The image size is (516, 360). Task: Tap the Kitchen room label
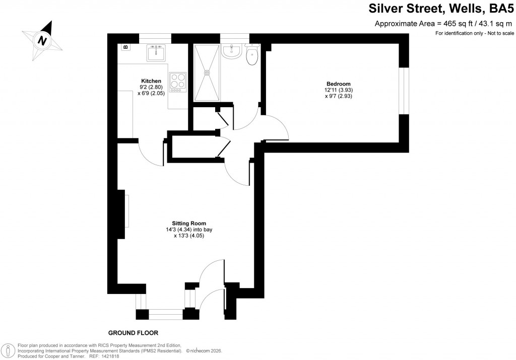(x=151, y=81)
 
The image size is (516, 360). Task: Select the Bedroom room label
(x=338, y=84)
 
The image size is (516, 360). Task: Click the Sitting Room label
(x=189, y=223)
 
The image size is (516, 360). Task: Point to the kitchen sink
(x=157, y=52)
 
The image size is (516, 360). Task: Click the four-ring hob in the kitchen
(x=178, y=82)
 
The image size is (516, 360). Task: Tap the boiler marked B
(x=125, y=47)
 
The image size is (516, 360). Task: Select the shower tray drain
(x=206, y=73)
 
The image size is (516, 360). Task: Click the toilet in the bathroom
(x=252, y=55)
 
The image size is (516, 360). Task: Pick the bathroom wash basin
(x=233, y=51)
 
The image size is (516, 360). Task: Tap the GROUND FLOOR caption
(x=134, y=333)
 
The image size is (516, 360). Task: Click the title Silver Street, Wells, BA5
(x=438, y=9)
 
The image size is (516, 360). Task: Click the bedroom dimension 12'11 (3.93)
(x=338, y=90)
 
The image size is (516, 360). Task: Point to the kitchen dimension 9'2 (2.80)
(x=151, y=87)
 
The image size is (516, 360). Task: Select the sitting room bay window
(x=166, y=315)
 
